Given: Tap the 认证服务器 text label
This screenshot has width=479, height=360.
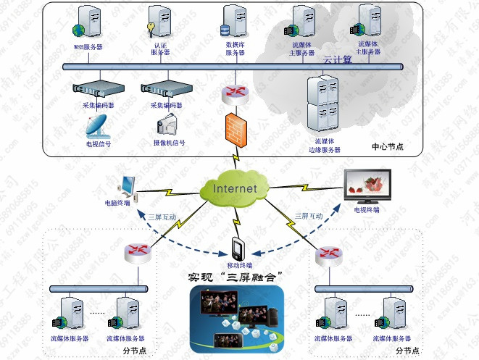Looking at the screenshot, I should (160, 49).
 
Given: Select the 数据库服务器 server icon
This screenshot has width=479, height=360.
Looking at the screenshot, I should (232, 22).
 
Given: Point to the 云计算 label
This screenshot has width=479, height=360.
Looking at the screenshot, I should (337, 59).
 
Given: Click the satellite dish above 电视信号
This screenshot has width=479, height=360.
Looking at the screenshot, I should (96, 126).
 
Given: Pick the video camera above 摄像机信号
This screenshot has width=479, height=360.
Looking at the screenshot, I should (167, 126).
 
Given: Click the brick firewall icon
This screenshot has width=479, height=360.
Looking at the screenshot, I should (234, 130).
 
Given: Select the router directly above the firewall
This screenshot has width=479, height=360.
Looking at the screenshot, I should (235, 91).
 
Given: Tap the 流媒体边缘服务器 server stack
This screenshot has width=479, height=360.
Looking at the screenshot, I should (322, 102).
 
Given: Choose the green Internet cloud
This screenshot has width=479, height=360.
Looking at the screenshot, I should (234, 188).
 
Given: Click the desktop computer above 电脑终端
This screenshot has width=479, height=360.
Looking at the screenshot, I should (126, 187).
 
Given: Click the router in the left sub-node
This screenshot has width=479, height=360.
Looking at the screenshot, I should (137, 252).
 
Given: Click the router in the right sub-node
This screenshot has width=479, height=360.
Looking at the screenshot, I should (330, 252).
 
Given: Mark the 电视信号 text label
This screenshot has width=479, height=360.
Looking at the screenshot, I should (99, 143).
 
